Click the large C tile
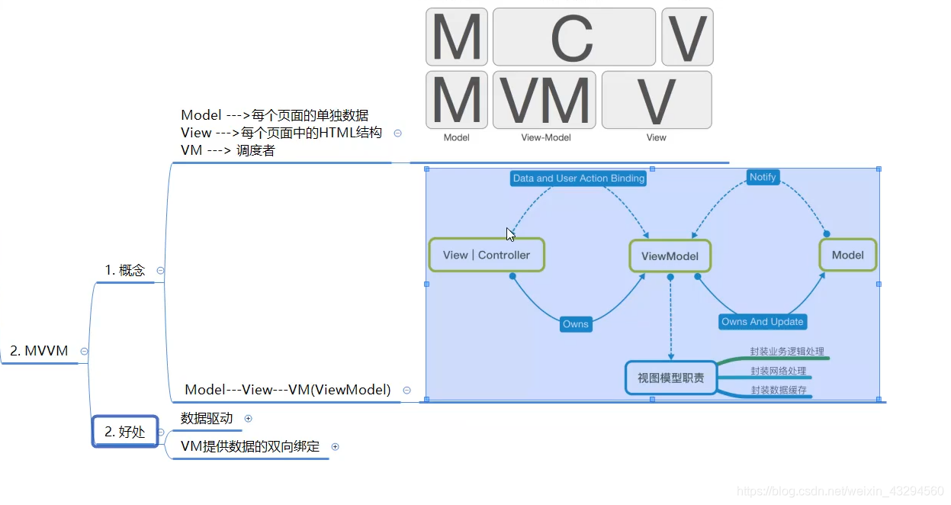coord(573,37)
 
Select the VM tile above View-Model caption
coord(544,100)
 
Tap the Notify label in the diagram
coord(762,177)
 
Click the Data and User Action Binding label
coord(579,179)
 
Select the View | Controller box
coord(487,255)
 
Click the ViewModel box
coord(670,256)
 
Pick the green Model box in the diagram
coord(847,255)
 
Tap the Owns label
coord(576,324)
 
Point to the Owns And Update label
coord(762,322)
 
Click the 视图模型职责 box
coord(671,378)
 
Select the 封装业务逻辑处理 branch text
coord(787,352)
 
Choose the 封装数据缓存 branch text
coord(778,391)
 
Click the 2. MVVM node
coord(39,351)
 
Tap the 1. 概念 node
coord(125,270)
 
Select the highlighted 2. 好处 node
coord(125,432)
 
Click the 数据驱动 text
coord(207,418)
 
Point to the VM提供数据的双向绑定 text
coord(250,446)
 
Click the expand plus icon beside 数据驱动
coord(248,419)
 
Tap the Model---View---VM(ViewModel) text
coord(288,390)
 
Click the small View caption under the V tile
coord(656,138)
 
